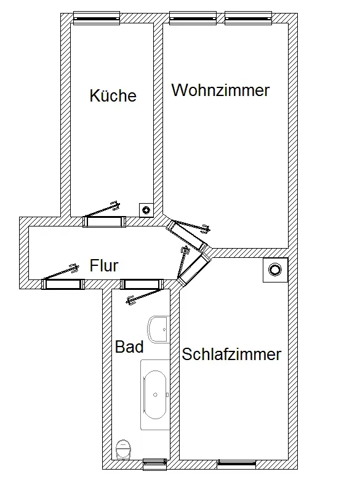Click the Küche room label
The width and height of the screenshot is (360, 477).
click(x=113, y=95)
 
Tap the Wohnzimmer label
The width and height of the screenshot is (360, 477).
click(x=221, y=90)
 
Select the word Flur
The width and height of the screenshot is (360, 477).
click(x=103, y=265)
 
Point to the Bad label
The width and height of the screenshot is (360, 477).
click(x=129, y=347)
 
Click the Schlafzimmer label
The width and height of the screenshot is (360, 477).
click(x=231, y=354)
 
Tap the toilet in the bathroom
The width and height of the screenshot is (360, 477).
click(x=124, y=449)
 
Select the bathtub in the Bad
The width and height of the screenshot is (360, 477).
click(x=155, y=395)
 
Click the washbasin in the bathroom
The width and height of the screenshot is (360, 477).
click(x=158, y=329)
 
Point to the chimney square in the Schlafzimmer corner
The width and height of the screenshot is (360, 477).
click(x=275, y=270)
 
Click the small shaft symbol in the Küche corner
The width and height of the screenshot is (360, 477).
click(x=146, y=210)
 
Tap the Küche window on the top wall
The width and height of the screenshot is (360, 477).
click(x=97, y=18)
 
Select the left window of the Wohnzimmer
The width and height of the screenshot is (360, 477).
click(x=193, y=18)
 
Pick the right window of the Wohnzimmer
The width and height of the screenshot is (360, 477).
click(x=248, y=18)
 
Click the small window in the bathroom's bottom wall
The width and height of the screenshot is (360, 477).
click(x=154, y=464)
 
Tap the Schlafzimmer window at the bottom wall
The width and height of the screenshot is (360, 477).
click(x=236, y=464)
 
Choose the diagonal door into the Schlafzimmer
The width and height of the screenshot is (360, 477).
click(x=194, y=268)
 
